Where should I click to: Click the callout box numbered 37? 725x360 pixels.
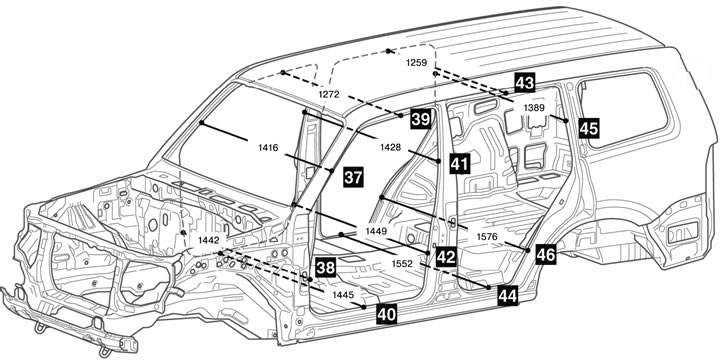[353, 177]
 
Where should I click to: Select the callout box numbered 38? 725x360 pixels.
[326, 268]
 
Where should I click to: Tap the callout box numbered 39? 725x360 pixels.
[421, 119]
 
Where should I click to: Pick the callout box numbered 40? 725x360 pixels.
[387, 314]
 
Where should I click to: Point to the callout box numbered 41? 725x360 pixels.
[460, 164]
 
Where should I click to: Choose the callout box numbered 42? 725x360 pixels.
[446, 257]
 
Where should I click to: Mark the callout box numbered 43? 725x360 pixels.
[525, 83]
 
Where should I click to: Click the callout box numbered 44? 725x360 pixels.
[508, 296]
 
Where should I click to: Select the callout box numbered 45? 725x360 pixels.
[589, 128]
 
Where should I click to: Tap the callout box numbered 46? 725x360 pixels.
[546, 255]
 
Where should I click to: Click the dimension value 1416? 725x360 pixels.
[268, 148]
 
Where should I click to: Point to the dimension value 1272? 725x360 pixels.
[329, 94]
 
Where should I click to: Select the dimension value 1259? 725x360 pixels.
[417, 63]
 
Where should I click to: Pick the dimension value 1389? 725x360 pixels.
[534, 108]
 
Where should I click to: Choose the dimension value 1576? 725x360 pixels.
[487, 237]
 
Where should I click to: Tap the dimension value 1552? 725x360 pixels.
[402, 263]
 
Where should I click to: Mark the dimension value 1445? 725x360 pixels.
[343, 294]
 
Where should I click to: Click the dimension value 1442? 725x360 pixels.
[208, 240]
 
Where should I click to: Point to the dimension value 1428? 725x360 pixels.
[391, 147]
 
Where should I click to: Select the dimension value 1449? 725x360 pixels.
[376, 230]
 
